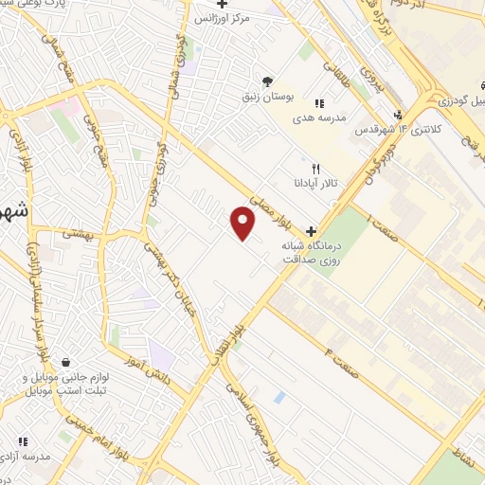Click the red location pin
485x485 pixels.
tap(243, 225)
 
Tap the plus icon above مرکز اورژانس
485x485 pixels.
tap(222, 4)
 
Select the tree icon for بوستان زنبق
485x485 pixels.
tap(268, 81)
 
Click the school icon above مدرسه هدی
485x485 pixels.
tap(318, 102)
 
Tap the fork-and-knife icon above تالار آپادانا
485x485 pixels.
tap(303, 169)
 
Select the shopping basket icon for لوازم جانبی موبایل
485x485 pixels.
tap(65, 363)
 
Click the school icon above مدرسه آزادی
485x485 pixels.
tap(22, 440)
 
